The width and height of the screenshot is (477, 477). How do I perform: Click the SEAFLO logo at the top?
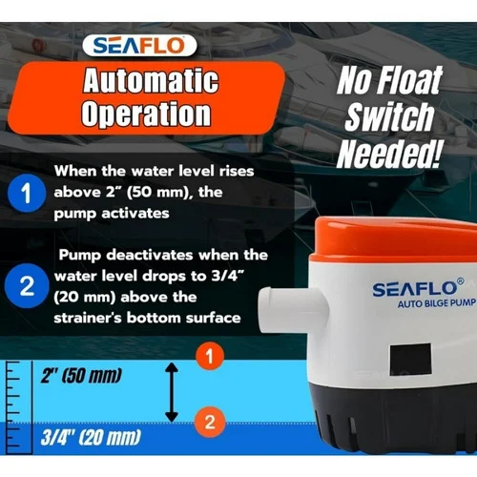pos(139,46)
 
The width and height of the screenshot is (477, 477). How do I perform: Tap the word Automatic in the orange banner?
pos(151,80)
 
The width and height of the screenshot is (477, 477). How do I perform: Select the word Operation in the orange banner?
pos(146,114)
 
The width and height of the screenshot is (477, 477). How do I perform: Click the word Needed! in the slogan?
pos(389,154)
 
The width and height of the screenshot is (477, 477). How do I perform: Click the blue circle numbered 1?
pos(27,193)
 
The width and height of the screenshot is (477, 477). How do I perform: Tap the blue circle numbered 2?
pos(27,285)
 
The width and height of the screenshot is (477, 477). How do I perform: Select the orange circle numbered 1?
pos(210,356)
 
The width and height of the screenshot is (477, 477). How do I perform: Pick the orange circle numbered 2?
pos(210,422)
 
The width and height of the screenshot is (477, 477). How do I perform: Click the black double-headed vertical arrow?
pos(172,392)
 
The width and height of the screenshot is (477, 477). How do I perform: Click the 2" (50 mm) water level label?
pos(81,376)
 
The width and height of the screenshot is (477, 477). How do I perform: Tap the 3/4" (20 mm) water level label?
pos(91,437)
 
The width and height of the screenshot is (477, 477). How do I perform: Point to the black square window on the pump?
pos(410,359)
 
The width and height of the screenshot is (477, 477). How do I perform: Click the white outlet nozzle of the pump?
pos(293,310)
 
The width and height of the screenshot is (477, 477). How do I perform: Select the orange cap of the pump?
pos(394,238)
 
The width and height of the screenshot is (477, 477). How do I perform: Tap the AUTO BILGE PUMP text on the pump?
pos(437,303)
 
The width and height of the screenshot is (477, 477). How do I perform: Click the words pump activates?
pos(112,214)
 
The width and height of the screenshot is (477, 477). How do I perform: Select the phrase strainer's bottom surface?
pos(147,318)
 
